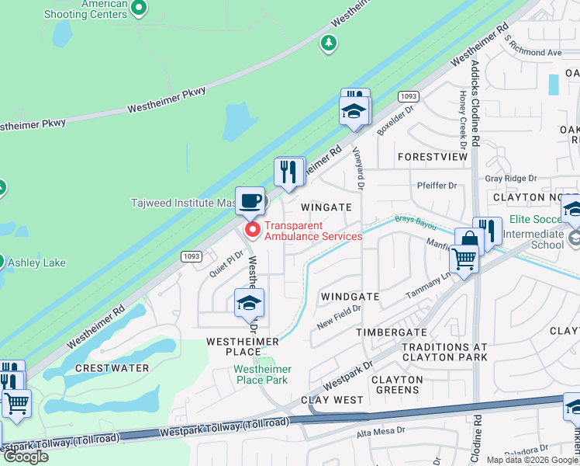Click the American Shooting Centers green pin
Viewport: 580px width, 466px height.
tap(139, 9)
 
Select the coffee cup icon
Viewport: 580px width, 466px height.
tap(250, 201)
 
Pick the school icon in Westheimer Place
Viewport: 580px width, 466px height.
tap(250, 303)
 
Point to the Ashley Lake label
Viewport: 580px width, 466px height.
tap(36, 263)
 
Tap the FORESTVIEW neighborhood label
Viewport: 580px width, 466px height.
tap(433, 157)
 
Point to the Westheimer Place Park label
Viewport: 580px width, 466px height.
tap(262, 374)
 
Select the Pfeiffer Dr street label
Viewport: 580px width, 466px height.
tap(437, 186)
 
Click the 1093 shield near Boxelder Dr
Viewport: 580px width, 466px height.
tap(409, 96)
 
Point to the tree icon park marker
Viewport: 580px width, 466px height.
tap(330, 44)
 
